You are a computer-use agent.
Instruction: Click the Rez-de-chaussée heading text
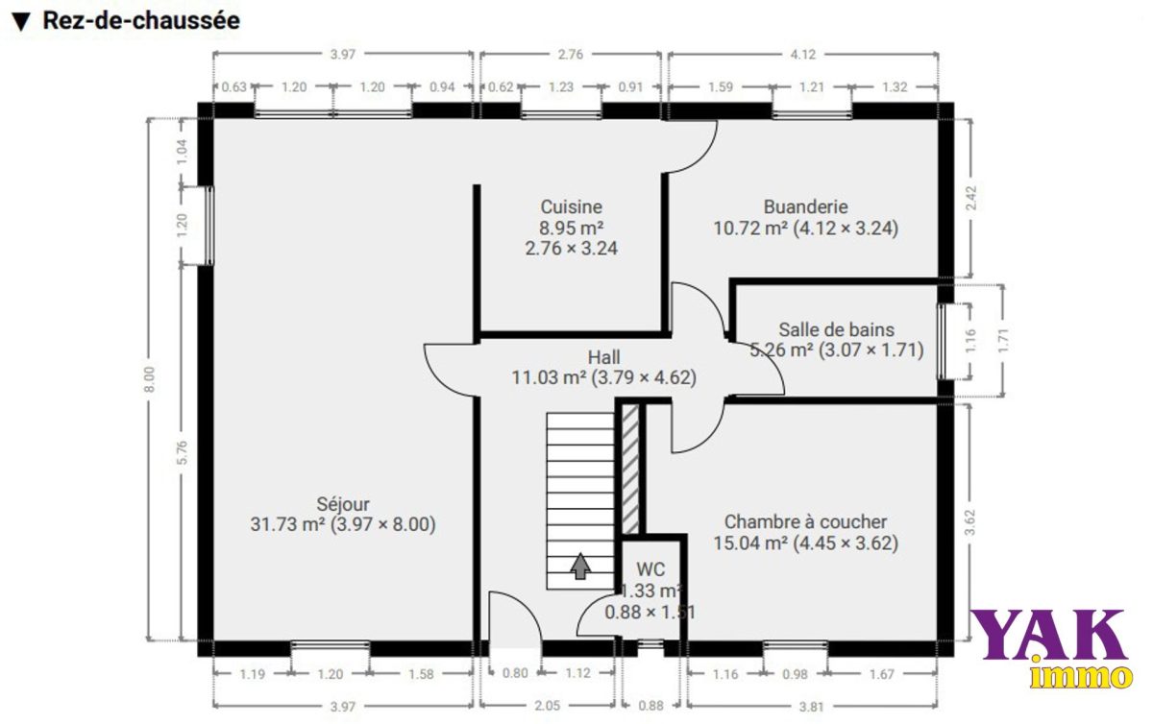point(141,20)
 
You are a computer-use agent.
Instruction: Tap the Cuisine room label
point(571,206)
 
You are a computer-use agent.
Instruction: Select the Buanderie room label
point(805,206)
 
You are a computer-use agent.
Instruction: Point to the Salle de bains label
point(837,329)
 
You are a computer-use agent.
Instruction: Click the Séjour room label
point(343,504)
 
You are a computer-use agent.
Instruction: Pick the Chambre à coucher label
point(805,521)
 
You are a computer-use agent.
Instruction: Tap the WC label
point(650,569)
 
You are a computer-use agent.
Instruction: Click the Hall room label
point(603,357)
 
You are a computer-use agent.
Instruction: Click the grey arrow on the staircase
point(580,566)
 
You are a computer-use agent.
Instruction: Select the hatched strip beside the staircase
point(630,469)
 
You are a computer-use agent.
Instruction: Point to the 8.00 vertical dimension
point(149,379)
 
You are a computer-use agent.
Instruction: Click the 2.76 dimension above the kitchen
point(571,54)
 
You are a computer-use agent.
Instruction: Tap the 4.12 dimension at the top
point(803,54)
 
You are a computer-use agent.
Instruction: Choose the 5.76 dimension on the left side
point(183,453)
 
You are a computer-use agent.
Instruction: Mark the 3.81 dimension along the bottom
point(811,707)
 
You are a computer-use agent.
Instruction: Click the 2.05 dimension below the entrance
point(547,706)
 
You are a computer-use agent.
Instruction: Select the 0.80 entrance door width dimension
point(515,673)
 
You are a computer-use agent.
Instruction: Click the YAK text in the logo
point(1047,635)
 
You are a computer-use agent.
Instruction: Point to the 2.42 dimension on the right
point(970,198)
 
